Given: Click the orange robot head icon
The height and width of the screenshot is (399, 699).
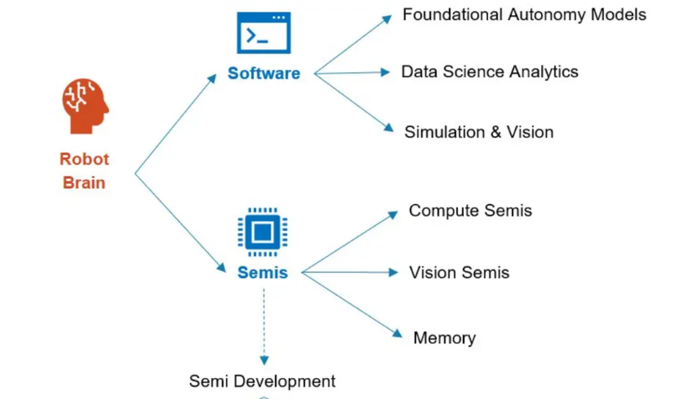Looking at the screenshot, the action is tap(86, 106).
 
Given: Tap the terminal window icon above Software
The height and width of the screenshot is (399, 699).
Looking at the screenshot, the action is tap(264, 33).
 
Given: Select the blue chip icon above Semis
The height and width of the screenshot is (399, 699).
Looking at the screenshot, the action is tap(263, 232).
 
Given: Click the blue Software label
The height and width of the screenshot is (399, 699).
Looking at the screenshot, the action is tap(264, 73).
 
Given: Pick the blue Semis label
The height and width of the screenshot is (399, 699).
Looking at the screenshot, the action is tap(263, 272).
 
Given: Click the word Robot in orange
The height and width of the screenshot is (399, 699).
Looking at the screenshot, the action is tap(84, 159).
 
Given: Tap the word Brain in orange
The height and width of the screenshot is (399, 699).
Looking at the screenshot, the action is tap(84, 183).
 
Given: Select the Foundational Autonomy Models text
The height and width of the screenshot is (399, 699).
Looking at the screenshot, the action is tap(524, 15).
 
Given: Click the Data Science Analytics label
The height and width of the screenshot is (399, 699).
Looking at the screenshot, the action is tap(490, 71).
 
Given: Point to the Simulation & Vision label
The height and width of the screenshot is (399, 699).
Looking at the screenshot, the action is tap(479, 132).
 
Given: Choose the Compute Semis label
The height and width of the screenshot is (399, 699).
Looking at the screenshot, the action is tap(470, 211).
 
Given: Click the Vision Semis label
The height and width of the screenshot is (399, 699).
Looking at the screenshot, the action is tap(460, 272).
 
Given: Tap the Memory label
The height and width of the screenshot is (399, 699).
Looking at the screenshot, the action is tap(444, 338).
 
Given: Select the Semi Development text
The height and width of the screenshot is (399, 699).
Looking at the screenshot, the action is tap(262, 381).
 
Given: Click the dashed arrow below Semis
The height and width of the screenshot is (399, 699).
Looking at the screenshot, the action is tap(264, 327).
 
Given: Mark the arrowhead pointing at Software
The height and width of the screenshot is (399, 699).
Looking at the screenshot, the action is tap(212, 79).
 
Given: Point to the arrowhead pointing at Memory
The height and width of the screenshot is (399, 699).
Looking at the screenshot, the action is tap(397, 333).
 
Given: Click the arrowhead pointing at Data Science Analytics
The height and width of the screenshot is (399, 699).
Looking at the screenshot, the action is tap(385, 72).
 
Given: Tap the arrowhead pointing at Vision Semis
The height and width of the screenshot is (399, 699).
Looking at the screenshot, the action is tap(392, 272).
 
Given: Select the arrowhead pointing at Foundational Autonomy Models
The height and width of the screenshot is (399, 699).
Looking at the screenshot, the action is tap(387, 18).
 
